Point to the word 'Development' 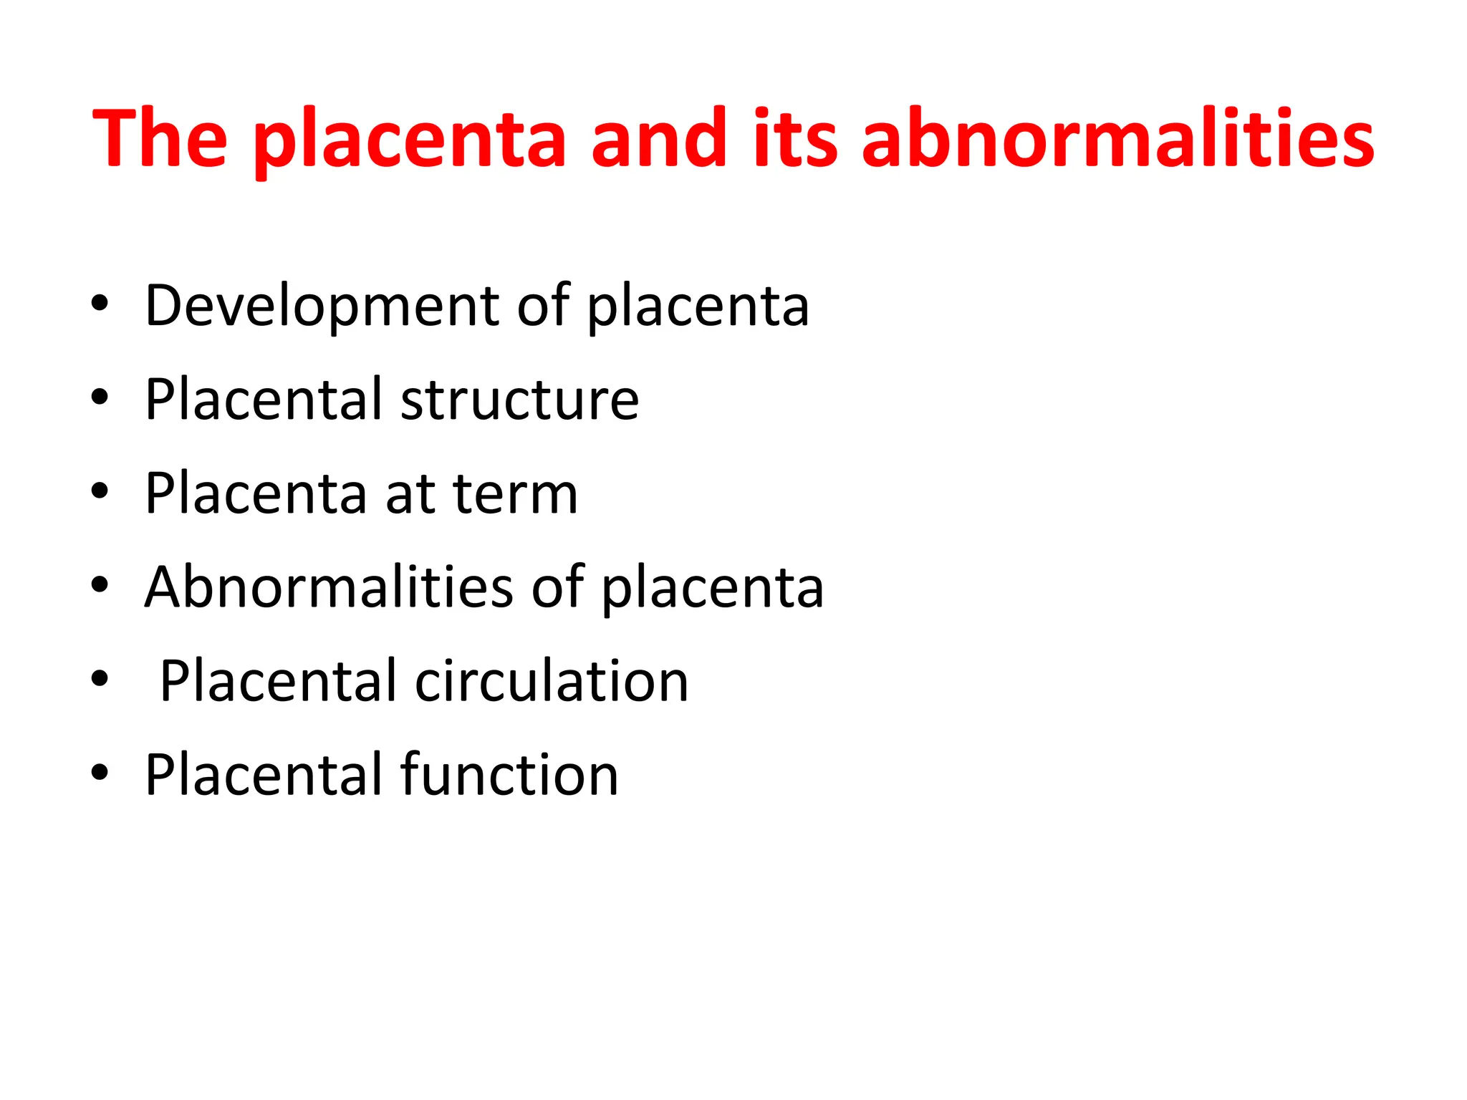pyautogui.click(x=322, y=307)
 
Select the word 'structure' pyautogui.click(x=519, y=399)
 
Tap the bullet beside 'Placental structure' pyautogui.click(x=100, y=397)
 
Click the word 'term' pyautogui.click(x=515, y=493)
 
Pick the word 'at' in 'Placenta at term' pyautogui.click(x=410, y=493)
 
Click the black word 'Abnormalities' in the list pyautogui.click(x=329, y=587)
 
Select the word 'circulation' pyautogui.click(x=552, y=680)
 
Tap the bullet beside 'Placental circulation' pyautogui.click(x=100, y=678)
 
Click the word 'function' pyautogui.click(x=509, y=774)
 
